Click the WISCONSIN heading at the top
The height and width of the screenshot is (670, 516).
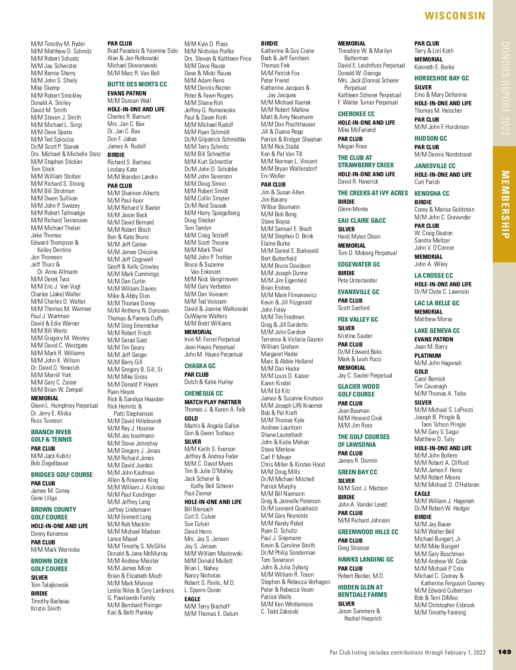[455, 16]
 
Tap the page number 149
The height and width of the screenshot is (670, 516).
[504, 652]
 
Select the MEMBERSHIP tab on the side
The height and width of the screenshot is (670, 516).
[505, 204]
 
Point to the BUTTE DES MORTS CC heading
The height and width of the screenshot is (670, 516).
[137, 84]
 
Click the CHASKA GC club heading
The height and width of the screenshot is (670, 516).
[200, 366]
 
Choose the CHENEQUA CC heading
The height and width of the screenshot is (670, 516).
[203, 393]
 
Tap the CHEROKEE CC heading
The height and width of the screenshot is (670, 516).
[356, 114]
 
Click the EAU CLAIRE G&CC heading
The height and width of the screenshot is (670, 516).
[362, 221]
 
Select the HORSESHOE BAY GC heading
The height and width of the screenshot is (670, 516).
[442, 78]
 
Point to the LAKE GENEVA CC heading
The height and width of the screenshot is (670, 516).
[437, 331]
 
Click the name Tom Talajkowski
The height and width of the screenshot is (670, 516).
[49, 585]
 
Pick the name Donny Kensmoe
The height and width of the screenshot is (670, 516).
[49, 534]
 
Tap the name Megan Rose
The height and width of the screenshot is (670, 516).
[352, 146]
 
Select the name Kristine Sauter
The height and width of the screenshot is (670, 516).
[355, 336]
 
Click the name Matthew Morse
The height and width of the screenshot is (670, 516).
[433, 319]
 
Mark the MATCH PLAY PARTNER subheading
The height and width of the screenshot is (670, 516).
[213, 402]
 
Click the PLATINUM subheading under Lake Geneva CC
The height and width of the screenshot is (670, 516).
[427, 356]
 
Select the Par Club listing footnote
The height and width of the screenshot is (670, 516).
[407, 652]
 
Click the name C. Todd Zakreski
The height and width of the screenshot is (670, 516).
[279, 612]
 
